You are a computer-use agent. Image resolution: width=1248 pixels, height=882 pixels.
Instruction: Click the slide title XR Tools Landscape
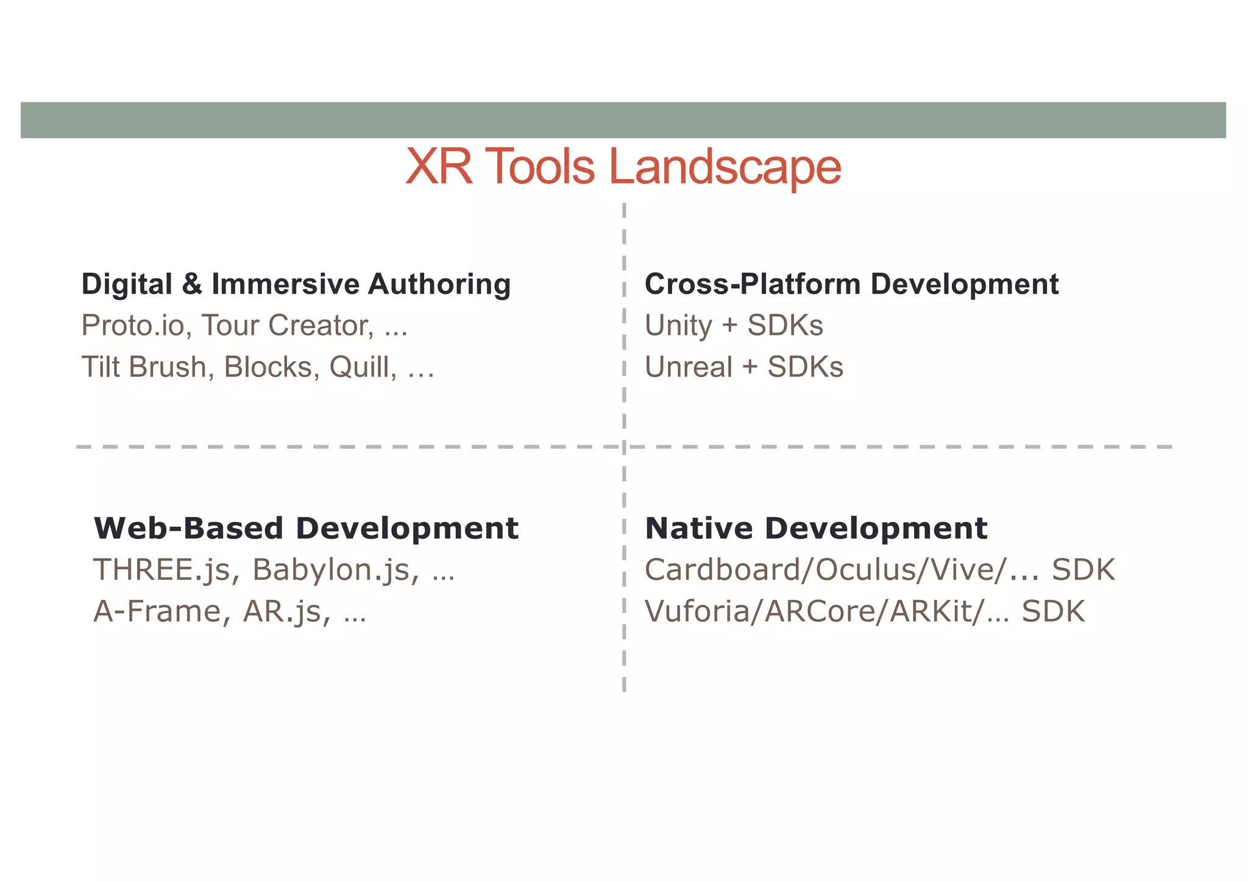click(623, 166)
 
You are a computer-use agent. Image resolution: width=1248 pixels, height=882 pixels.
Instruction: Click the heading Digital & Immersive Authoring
click(296, 284)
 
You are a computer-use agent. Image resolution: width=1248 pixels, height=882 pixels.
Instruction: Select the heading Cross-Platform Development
click(851, 284)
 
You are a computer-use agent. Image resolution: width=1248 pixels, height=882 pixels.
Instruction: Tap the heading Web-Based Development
click(306, 528)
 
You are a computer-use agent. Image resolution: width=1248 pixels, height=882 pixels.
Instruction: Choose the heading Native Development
click(816, 528)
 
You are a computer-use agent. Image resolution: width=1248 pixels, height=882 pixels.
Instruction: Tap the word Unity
click(678, 325)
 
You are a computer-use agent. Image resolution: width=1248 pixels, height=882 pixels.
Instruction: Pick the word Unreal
click(689, 367)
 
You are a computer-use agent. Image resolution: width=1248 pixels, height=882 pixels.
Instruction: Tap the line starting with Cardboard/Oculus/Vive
click(879, 570)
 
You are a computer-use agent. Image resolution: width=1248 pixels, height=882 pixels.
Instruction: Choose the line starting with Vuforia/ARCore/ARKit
click(865, 611)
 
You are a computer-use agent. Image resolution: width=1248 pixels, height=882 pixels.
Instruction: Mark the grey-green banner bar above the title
click(623, 120)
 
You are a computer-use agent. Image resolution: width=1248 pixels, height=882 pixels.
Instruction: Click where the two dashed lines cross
click(624, 446)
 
